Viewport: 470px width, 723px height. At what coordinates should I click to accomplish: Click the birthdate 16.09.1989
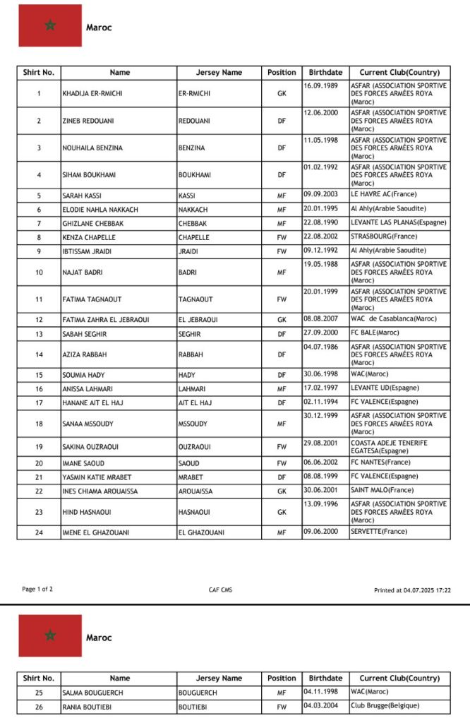click(x=321, y=85)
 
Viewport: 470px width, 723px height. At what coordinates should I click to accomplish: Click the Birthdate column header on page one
click(x=325, y=72)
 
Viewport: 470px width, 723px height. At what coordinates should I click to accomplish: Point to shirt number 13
click(x=39, y=334)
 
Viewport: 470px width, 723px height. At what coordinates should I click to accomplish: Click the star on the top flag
click(x=50, y=25)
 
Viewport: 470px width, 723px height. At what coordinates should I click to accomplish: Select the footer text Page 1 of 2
click(x=37, y=589)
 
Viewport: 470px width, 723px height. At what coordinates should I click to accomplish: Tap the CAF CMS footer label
click(x=219, y=589)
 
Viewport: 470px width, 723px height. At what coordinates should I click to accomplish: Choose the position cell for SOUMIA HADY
click(x=282, y=375)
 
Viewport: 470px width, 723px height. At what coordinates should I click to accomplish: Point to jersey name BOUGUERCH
click(x=199, y=693)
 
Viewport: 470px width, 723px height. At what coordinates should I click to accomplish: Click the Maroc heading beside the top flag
click(x=99, y=28)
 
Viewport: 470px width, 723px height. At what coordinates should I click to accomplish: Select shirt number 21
click(x=39, y=477)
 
